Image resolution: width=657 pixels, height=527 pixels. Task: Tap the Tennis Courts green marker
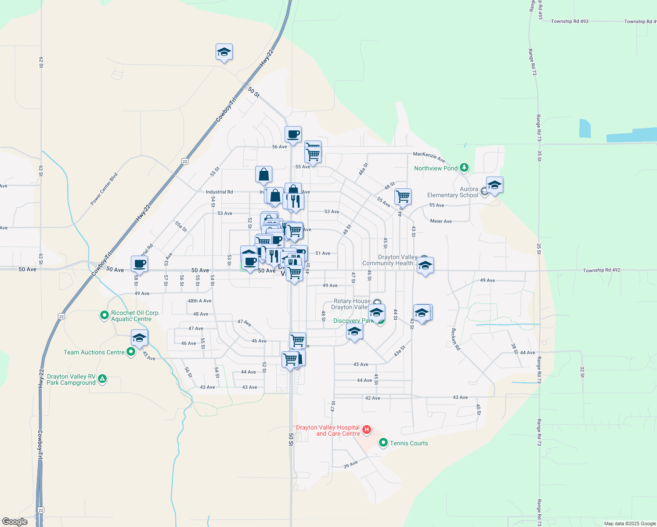click(x=383, y=443)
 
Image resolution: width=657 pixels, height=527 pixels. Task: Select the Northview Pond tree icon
click(x=464, y=168)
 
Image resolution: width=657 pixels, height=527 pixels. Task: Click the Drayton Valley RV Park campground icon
click(x=102, y=379)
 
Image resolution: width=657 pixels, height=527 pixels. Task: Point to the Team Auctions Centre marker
click(x=130, y=352)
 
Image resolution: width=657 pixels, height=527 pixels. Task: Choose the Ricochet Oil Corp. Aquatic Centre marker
click(x=104, y=315)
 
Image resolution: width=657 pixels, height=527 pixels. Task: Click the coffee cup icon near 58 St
click(x=140, y=264)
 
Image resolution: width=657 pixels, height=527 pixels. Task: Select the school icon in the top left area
click(x=224, y=52)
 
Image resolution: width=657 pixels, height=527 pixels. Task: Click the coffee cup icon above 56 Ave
click(x=293, y=134)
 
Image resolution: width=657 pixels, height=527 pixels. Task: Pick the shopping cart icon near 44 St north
click(x=403, y=196)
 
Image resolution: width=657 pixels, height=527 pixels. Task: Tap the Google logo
click(x=15, y=522)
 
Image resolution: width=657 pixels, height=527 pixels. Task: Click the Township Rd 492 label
click(x=601, y=270)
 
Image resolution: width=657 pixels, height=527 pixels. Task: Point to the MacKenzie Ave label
click(x=429, y=157)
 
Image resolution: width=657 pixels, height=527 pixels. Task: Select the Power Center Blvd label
click(x=104, y=189)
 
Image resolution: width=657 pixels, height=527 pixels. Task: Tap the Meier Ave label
click(x=441, y=221)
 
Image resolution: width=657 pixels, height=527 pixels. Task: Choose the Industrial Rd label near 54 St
click(x=219, y=192)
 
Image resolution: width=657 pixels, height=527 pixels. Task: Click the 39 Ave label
click(x=350, y=464)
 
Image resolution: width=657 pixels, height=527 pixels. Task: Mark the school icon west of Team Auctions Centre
click(x=139, y=338)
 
